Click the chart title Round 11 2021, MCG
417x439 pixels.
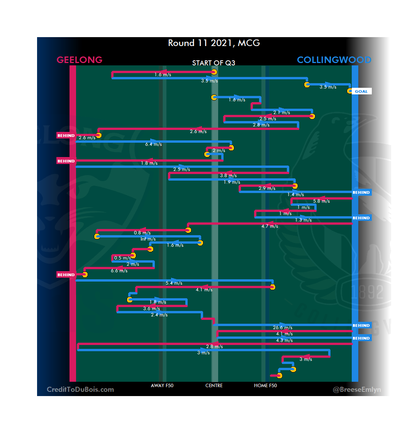(x=214, y=43)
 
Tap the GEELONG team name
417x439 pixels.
(x=80, y=60)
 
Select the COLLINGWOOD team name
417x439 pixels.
(x=334, y=60)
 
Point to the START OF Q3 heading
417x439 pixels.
(x=214, y=63)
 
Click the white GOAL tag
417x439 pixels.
(x=361, y=92)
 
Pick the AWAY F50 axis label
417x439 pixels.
(x=162, y=386)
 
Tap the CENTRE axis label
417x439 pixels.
(x=214, y=386)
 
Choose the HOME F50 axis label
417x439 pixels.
(x=265, y=386)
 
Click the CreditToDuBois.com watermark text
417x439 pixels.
(x=80, y=389)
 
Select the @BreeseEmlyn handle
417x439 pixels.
(x=357, y=389)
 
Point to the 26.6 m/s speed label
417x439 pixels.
(x=283, y=328)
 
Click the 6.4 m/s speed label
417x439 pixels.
(x=153, y=145)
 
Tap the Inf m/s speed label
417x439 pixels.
(x=148, y=239)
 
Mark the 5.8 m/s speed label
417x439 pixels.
(x=321, y=202)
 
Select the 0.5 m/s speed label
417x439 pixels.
(x=122, y=258)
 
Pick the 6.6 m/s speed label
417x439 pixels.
(x=119, y=271)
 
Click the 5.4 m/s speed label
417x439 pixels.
(x=174, y=284)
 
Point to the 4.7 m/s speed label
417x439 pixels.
(x=270, y=227)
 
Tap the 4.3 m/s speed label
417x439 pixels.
(x=284, y=341)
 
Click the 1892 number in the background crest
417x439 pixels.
(x=367, y=292)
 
